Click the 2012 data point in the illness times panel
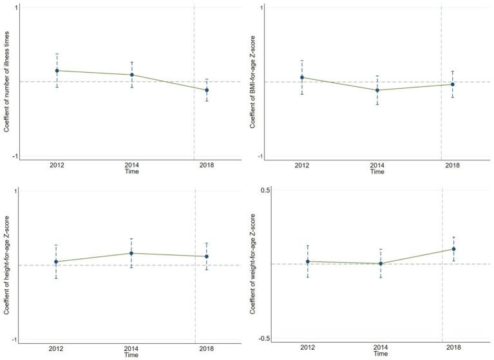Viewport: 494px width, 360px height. click(57, 71)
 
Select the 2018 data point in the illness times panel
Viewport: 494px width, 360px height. click(206, 90)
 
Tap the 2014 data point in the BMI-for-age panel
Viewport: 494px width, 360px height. click(377, 90)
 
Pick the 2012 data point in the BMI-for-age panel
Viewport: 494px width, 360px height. click(301, 77)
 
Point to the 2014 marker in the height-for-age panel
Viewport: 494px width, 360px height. click(131, 253)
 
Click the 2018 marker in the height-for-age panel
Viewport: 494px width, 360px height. click(206, 256)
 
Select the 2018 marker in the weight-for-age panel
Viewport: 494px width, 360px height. click(453, 249)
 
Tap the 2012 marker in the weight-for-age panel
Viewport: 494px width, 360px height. click(308, 261)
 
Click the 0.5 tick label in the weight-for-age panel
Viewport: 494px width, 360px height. click(264, 190)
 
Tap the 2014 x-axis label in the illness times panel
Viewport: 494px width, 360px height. click(131, 166)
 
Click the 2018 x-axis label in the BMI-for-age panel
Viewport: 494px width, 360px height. click(453, 166)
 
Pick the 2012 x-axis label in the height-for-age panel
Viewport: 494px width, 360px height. click(57, 348)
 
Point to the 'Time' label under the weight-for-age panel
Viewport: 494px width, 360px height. click(380, 354)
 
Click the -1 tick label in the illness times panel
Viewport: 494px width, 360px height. click(14, 157)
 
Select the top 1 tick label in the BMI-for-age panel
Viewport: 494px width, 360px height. click(260, 8)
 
